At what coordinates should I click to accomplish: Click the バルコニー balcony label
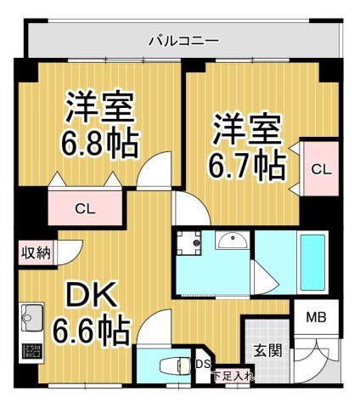pos(183,39)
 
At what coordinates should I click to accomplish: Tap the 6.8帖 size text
pos(99,144)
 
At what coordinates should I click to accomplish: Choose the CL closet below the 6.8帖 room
pos(83,207)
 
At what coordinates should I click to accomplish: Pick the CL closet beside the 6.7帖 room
pos(320,169)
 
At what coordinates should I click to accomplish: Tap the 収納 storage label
pos(37,252)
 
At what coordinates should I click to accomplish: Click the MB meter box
pos(315,320)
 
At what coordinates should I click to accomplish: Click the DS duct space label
pos(202,365)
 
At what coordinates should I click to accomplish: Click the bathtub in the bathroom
pos(313,260)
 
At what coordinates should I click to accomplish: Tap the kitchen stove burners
pos(31,352)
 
